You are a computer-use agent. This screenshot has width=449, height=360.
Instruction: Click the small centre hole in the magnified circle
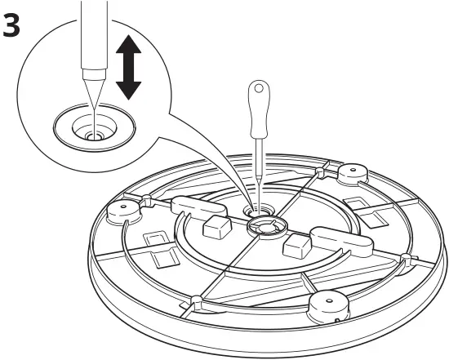pyautogui.click(x=93, y=136)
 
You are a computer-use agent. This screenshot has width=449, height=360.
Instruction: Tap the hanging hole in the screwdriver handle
pyautogui.click(x=259, y=88)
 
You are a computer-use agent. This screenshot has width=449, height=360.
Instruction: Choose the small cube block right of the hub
pyautogui.click(x=296, y=245)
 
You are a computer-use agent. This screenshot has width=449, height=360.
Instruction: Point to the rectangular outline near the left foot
pyautogui.click(x=154, y=241)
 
